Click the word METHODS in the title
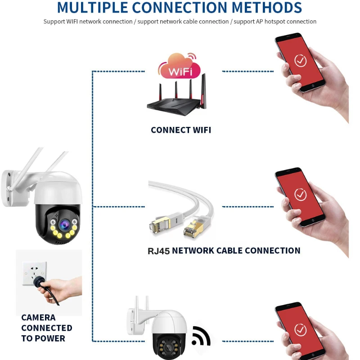267,7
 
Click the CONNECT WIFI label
181,130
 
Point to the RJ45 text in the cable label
159,251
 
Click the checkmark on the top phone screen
300,61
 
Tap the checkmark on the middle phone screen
300,195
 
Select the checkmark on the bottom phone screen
300,330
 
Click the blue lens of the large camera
64,224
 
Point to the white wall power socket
35,273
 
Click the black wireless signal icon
201,337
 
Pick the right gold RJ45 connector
193,229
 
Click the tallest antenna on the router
203,91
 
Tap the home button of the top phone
313,85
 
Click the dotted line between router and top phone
248,72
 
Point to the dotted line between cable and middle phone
248,207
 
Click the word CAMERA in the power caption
38,318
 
